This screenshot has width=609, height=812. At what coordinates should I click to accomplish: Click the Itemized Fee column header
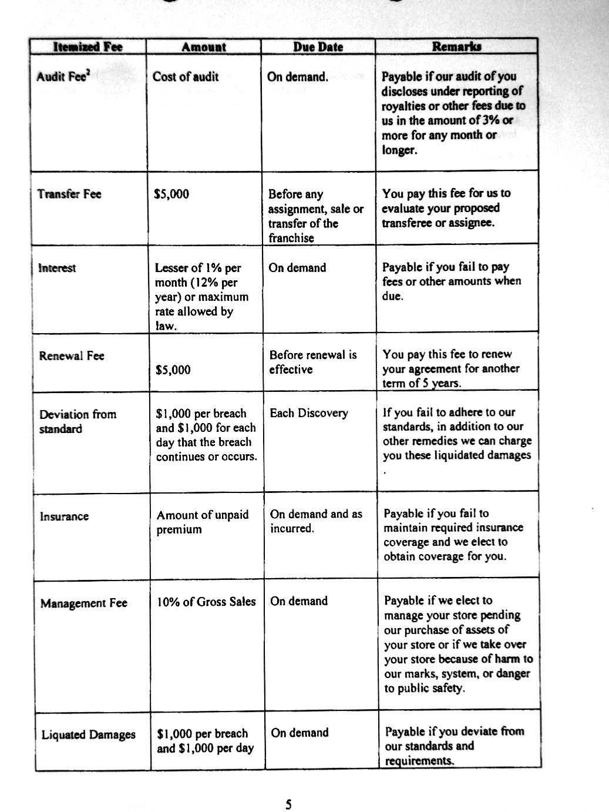tap(88, 47)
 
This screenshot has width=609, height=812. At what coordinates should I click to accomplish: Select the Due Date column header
tap(318, 47)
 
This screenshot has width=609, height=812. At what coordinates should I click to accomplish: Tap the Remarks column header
tap(456, 46)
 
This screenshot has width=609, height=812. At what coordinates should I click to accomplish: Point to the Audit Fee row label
tap(60, 77)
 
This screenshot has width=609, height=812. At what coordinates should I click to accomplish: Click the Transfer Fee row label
tap(69, 194)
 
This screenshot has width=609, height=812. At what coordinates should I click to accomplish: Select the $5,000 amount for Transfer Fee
tap(171, 194)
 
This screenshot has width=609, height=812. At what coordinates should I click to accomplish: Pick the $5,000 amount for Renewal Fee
tap(173, 370)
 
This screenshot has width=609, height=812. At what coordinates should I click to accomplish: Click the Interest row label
tap(57, 269)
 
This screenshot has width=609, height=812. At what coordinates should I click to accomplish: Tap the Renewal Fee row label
tap(72, 356)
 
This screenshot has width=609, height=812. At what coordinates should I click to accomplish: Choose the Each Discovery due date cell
tap(309, 413)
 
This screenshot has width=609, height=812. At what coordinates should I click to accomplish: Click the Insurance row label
tap(65, 517)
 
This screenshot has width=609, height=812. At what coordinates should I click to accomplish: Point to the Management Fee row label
tap(84, 603)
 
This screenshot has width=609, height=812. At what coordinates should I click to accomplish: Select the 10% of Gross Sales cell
tap(206, 602)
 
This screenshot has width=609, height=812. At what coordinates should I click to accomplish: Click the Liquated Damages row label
tap(89, 735)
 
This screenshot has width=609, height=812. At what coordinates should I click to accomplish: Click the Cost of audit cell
tap(186, 77)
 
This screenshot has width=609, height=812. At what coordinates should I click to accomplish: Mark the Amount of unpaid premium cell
tap(203, 522)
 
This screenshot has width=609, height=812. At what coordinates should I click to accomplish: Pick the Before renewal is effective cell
tap(313, 362)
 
